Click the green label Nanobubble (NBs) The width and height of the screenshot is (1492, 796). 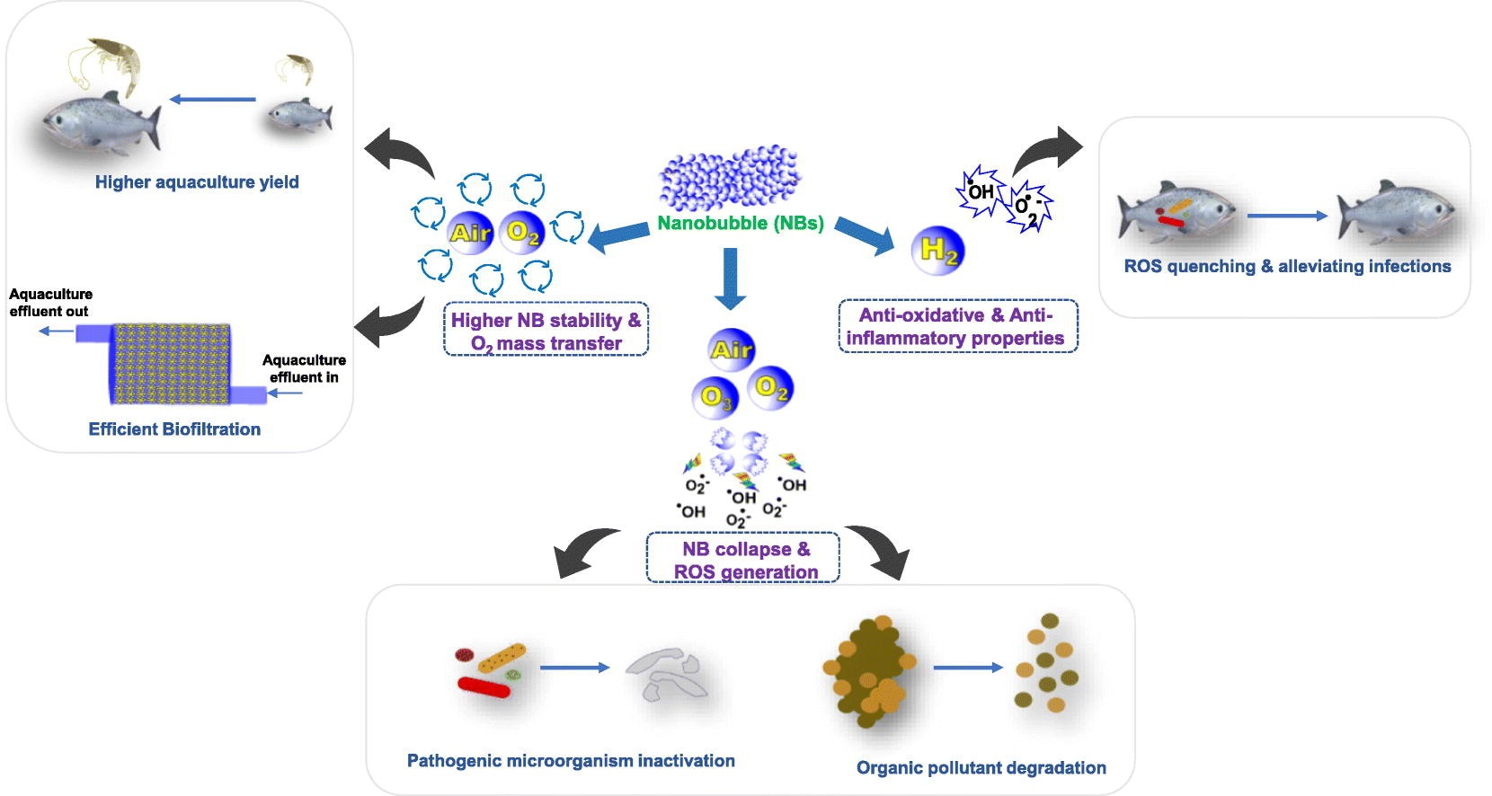click(741, 223)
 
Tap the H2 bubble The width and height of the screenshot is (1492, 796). click(937, 251)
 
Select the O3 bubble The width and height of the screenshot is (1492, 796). click(715, 398)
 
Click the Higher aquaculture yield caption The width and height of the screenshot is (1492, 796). click(197, 181)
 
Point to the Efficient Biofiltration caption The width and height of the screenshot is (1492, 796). click(174, 429)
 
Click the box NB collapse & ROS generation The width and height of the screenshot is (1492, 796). click(742, 558)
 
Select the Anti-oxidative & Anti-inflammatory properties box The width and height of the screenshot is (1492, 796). click(958, 326)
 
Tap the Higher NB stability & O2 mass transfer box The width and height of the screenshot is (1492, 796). click(546, 330)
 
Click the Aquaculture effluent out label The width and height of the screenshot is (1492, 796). click(50, 302)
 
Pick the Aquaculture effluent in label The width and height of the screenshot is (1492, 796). click(304, 368)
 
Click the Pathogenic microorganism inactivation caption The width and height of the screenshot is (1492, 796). click(571, 761)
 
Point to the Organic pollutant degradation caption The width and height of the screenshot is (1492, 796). click(981, 768)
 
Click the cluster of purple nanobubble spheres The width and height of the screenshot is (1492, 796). click(730, 178)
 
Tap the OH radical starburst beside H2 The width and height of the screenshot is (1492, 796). click(980, 191)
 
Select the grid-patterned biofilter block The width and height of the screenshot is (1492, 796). click(171, 364)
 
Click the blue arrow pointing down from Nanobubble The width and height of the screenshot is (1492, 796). click(730, 279)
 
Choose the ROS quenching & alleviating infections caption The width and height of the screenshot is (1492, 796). click(1287, 266)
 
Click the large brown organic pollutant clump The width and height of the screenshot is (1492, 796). click(868, 671)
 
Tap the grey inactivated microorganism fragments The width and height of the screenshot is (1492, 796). click(666, 674)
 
